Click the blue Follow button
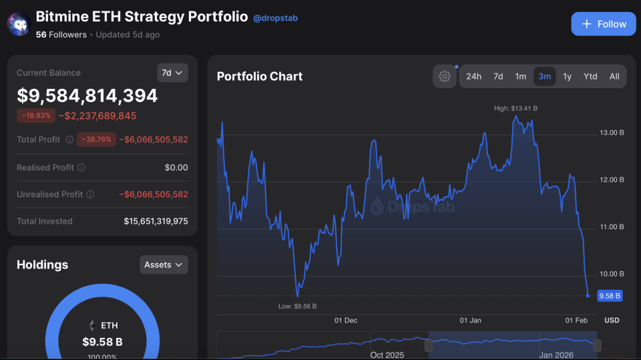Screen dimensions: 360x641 604,24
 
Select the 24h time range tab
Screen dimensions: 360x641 473,76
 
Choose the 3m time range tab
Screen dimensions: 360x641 544,76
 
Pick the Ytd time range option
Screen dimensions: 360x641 590,76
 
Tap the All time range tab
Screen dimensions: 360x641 614,76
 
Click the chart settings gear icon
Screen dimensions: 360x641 445,76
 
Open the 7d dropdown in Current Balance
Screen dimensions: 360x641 172,73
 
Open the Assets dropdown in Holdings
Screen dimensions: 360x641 164,264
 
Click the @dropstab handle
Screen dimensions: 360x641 275,18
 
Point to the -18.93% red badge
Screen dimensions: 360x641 36,116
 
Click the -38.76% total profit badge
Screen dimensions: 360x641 97,140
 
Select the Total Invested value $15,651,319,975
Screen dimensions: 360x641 156,221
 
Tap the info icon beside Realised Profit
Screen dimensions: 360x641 81,168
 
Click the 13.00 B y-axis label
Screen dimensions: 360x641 612,133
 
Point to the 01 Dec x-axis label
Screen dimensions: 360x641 346,321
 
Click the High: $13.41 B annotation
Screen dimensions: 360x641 515,108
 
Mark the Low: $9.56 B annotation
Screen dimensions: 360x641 298,306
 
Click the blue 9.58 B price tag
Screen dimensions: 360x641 610,295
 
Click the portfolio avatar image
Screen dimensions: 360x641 19,24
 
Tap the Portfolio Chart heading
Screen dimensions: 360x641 260,76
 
